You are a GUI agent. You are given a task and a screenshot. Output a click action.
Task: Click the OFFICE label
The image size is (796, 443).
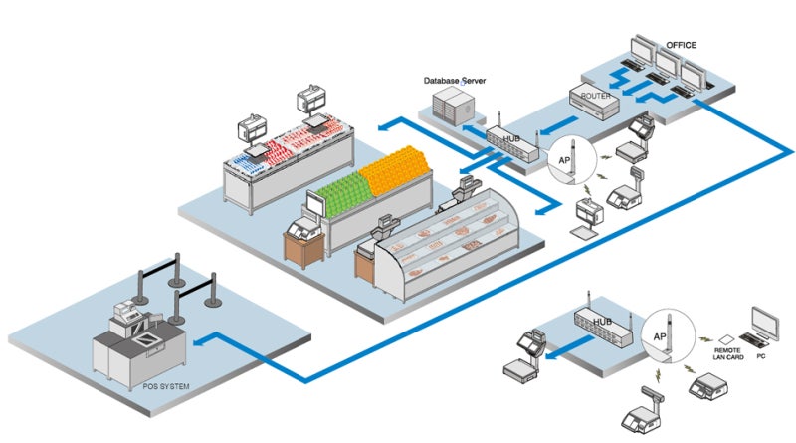tap(683, 45)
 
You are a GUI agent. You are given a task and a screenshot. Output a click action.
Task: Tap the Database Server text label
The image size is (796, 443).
tap(455, 79)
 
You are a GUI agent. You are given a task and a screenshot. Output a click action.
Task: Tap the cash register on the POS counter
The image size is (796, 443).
tap(126, 317)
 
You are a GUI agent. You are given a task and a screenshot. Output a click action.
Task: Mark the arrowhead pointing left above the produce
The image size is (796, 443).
tap(381, 125)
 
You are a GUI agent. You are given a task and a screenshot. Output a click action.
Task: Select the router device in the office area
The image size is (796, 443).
tap(592, 102)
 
